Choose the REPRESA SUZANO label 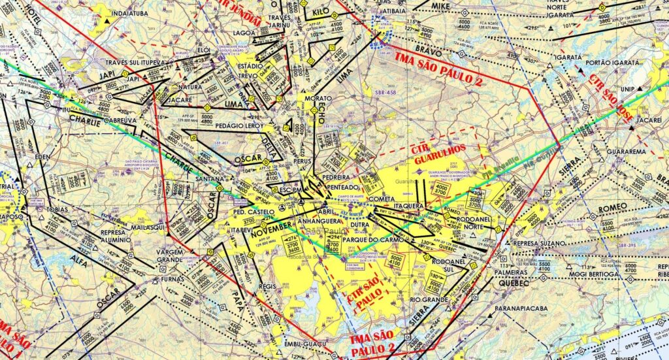(538, 243)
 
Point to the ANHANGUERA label (306, 220)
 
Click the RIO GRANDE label (429, 299)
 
